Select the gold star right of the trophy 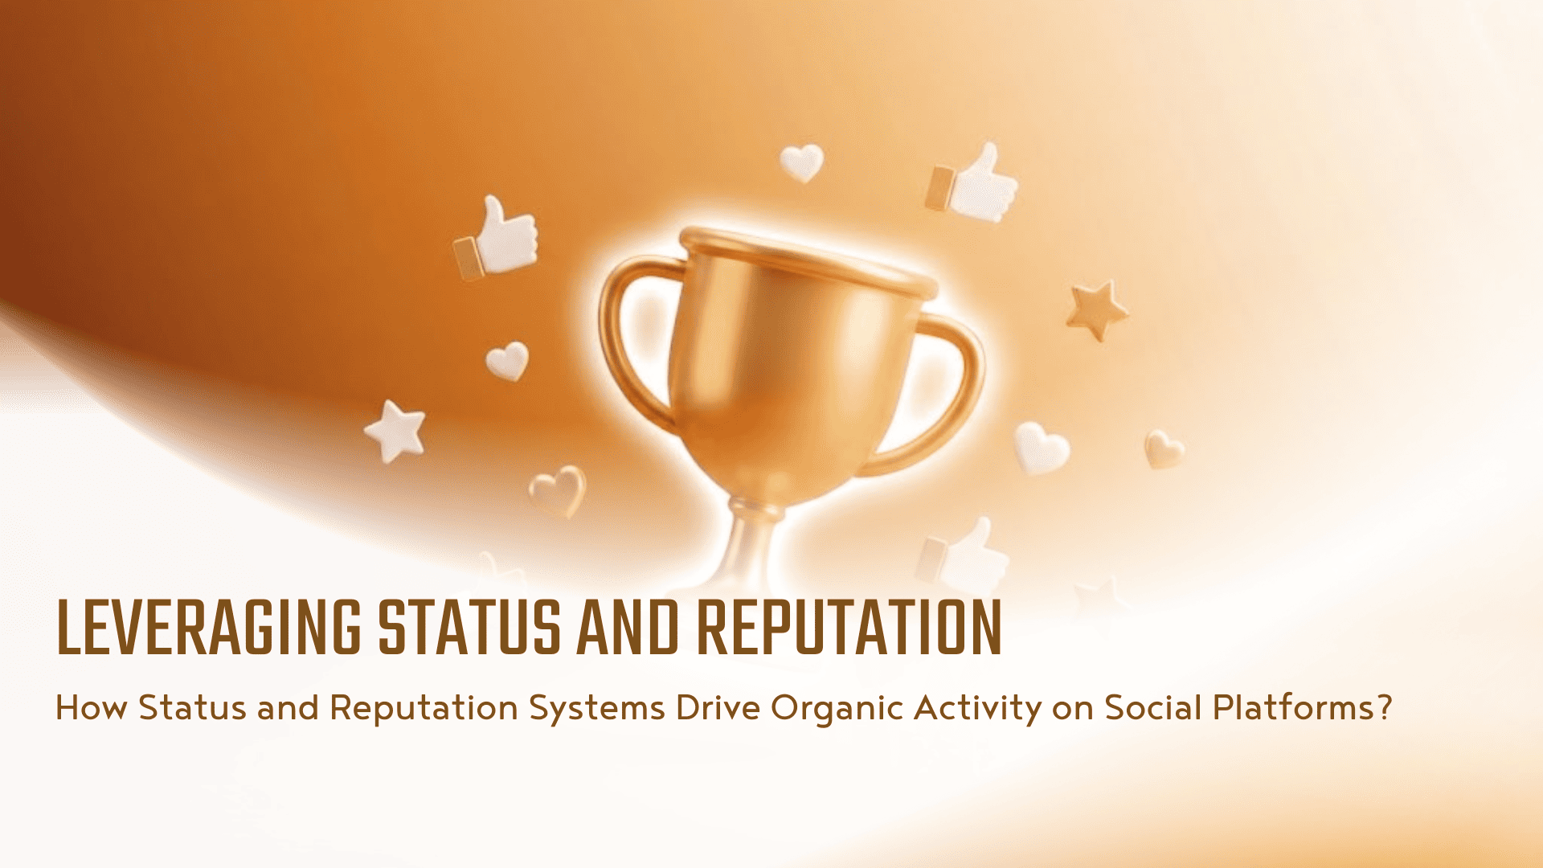[1097, 309]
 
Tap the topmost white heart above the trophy [802, 162]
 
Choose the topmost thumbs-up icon [972, 183]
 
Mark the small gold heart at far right [1164, 448]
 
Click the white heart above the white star [507, 361]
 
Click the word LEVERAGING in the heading [209, 627]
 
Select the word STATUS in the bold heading [469, 627]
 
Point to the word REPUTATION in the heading [849, 627]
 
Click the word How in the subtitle [91, 708]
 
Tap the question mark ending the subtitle [1384, 708]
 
